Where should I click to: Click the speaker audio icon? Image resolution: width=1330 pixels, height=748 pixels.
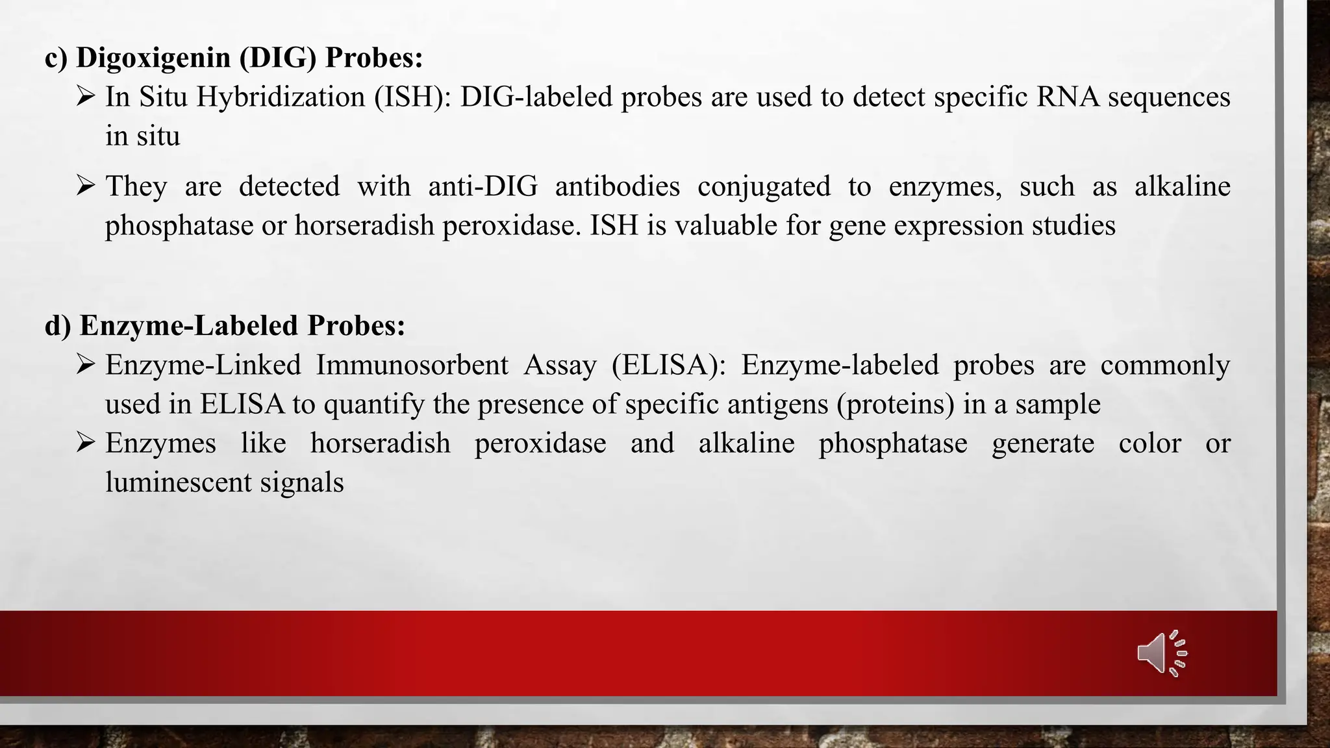pos(1162,653)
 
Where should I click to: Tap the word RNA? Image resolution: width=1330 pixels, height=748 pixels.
pos(1068,97)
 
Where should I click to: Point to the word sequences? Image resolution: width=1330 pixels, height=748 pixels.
pos(1169,97)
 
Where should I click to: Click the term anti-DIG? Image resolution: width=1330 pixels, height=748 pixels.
pos(483,187)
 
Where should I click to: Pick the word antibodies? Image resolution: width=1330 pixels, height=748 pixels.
pos(617,187)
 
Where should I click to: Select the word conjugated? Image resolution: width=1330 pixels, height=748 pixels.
pos(764,187)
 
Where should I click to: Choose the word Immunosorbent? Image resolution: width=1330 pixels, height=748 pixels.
pos(412,366)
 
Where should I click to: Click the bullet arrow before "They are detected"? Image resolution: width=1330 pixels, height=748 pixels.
pos(85,186)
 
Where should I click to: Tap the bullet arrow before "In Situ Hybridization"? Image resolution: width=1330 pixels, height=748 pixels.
pos(85,97)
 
